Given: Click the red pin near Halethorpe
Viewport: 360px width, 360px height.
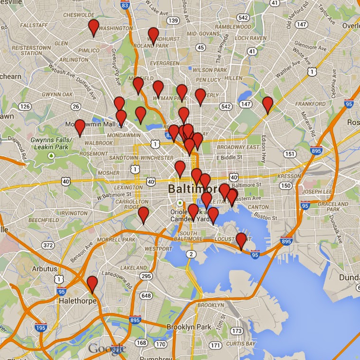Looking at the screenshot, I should pyautogui.click(x=92, y=284).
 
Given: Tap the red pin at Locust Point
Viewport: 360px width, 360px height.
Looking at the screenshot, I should pyautogui.click(x=241, y=240).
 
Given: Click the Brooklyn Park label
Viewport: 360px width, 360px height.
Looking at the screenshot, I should pyautogui.click(x=189, y=327).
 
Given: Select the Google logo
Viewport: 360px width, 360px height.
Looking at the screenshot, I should pyautogui.click(x=106, y=349).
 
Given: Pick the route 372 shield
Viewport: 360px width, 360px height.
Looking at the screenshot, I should pyautogui.click(x=47, y=245).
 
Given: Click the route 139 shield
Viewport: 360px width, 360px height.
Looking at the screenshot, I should pyautogui.click(x=174, y=20).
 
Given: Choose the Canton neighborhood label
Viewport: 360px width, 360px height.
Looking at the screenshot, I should pyautogui.click(x=258, y=207).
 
